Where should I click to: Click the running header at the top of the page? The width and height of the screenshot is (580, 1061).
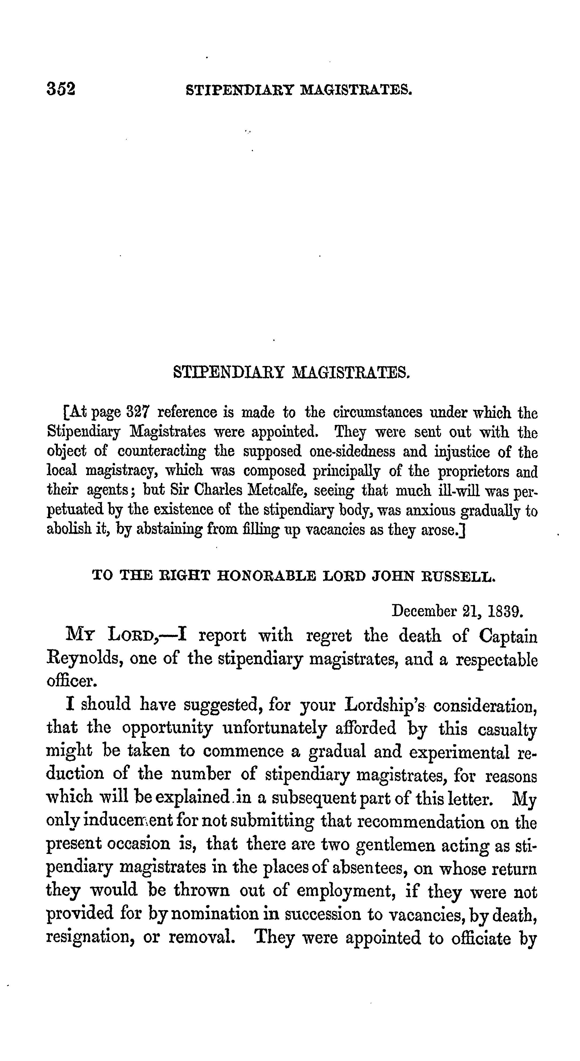pos(299,89)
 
